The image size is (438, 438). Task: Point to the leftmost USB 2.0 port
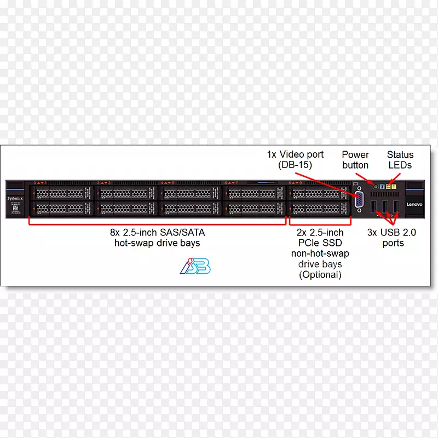[x=373, y=206]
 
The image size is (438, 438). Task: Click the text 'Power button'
[x=355, y=160]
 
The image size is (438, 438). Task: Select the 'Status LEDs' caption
[x=400, y=160]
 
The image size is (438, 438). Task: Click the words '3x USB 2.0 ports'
[x=391, y=238]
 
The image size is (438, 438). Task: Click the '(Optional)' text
[x=320, y=275]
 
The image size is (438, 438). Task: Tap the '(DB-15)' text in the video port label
[x=295, y=165]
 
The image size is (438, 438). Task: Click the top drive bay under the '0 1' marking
[x=62, y=193]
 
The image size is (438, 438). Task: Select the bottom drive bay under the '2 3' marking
[x=126, y=209]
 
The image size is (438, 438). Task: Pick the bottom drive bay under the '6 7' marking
[x=254, y=209]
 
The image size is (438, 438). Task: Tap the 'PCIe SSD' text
[x=320, y=243]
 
